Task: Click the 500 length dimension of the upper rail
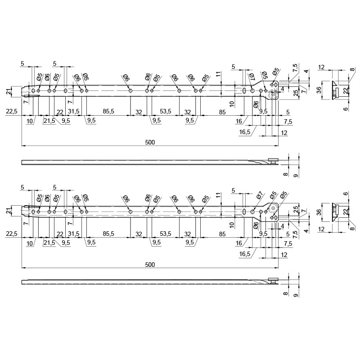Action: tap(150, 142)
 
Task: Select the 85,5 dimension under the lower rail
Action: tap(108, 234)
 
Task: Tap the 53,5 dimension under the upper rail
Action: tap(166, 111)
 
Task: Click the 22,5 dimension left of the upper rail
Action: tap(12, 111)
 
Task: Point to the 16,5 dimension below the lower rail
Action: tap(245, 254)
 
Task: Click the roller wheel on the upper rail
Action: tap(274, 94)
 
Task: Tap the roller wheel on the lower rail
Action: tap(274, 208)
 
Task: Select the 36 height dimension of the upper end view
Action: tap(319, 90)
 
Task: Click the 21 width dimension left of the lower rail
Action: tap(9, 211)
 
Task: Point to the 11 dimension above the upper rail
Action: tap(218, 74)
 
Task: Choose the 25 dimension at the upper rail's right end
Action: tap(296, 93)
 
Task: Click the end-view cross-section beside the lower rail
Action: tap(335, 212)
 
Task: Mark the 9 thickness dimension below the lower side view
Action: tap(296, 295)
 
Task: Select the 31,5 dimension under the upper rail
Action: tap(74, 111)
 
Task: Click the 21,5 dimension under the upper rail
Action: tap(49, 121)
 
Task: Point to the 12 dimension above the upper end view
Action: tap(321, 67)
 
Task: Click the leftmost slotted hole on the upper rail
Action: tap(33, 91)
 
